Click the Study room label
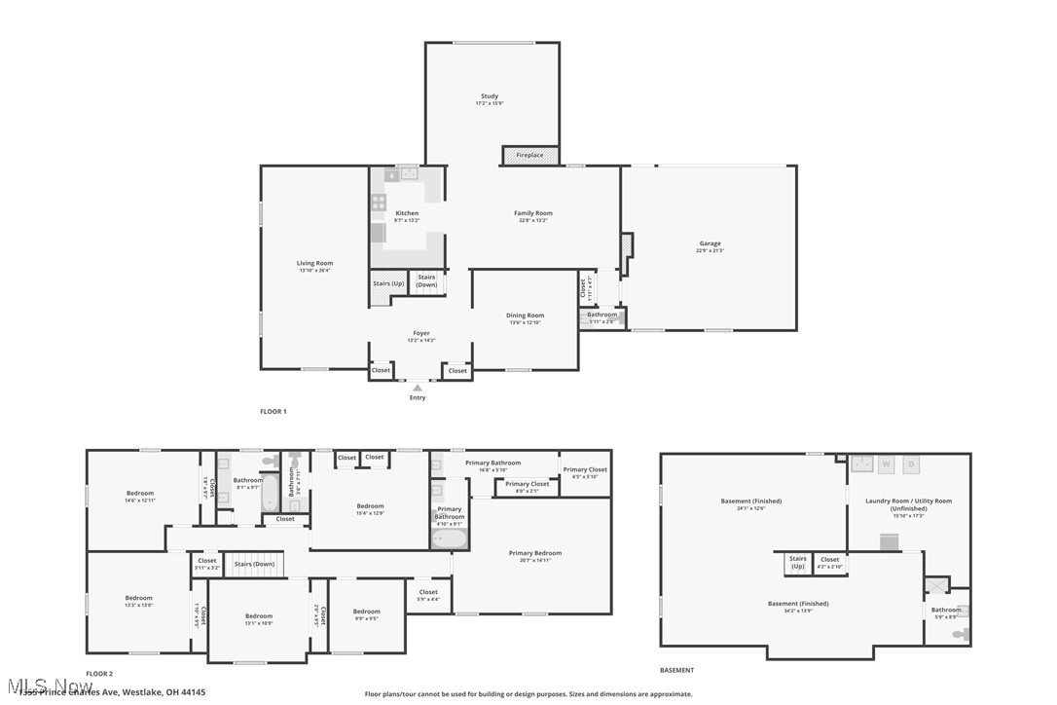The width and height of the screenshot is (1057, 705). [x=490, y=96]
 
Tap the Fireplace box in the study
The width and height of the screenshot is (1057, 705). [x=530, y=156]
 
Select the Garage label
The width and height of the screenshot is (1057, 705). [x=710, y=243]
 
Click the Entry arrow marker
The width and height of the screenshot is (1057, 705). [x=418, y=388]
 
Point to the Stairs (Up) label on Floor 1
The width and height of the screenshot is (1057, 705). [x=388, y=283]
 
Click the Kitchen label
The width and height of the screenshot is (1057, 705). [x=407, y=213]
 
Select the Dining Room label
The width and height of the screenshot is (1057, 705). [x=525, y=315]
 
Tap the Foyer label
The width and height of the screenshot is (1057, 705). [x=420, y=333]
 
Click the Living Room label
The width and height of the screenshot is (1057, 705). [x=314, y=263]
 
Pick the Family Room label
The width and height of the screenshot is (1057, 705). [x=533, y=213]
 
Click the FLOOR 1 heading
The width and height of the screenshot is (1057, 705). [x=273, y=412]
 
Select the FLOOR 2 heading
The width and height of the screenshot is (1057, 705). [x=99, y=674]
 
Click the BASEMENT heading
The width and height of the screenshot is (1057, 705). [x=677, y=670]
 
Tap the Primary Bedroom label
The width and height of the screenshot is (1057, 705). [x=534, y=553]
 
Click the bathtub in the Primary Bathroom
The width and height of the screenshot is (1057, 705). [x=450, y=538]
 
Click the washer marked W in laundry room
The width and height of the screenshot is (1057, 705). [x=886, y=464]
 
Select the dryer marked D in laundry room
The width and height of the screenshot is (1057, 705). [x=912, y=464]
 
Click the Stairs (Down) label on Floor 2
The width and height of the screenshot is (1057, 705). [x=255, y=564]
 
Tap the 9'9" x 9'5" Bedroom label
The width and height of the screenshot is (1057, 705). [x=366, y=612]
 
